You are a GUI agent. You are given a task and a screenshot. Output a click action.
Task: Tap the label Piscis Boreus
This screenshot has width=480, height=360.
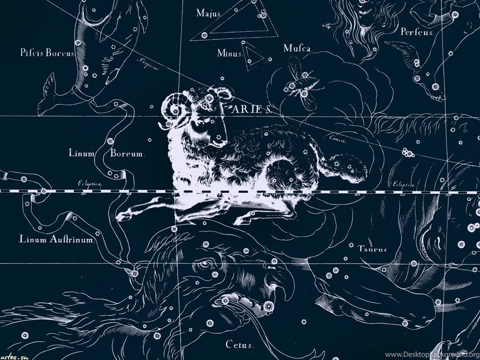click(x=47, y=53)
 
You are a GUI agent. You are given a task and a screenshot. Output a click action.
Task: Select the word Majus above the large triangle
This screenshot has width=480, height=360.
click(x=208, y=13)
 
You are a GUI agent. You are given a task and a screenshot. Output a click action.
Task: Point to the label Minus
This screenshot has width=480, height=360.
click(x=229, y=53)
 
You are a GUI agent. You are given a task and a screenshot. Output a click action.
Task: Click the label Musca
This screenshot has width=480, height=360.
click(x=298, y=48)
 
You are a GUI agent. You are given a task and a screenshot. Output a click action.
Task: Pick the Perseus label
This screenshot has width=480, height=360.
click(x=417, y=32)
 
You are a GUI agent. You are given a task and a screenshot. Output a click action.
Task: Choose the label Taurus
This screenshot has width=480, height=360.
click(x=373, y=249)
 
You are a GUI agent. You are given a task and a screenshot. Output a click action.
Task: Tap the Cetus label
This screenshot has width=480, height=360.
click(x=240, y=345)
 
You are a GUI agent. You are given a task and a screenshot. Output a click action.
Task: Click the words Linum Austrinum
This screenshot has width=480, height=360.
click(x=58, y=240)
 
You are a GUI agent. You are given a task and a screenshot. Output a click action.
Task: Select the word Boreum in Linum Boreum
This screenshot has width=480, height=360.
click(x=127, y=153)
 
